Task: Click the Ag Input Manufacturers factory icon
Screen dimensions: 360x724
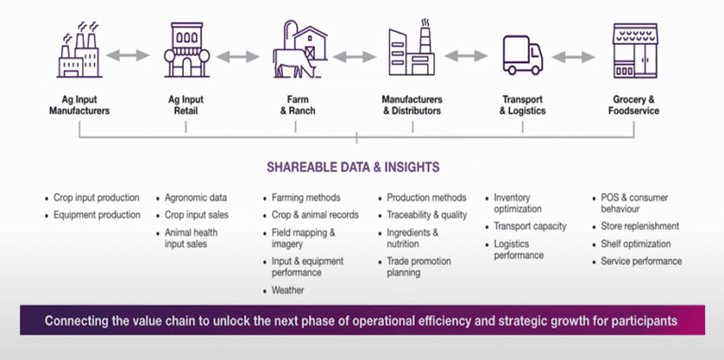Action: pos(79,53)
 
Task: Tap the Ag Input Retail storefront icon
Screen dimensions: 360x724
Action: pos(190,53)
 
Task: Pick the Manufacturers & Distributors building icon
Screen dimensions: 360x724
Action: pos(412,53)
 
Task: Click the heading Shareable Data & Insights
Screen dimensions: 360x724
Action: pos(361,168)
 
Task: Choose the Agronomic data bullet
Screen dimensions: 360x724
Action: pos(197,198)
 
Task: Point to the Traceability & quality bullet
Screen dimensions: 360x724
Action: pos(427,215)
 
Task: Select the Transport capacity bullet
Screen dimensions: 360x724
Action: pos(530,226)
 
